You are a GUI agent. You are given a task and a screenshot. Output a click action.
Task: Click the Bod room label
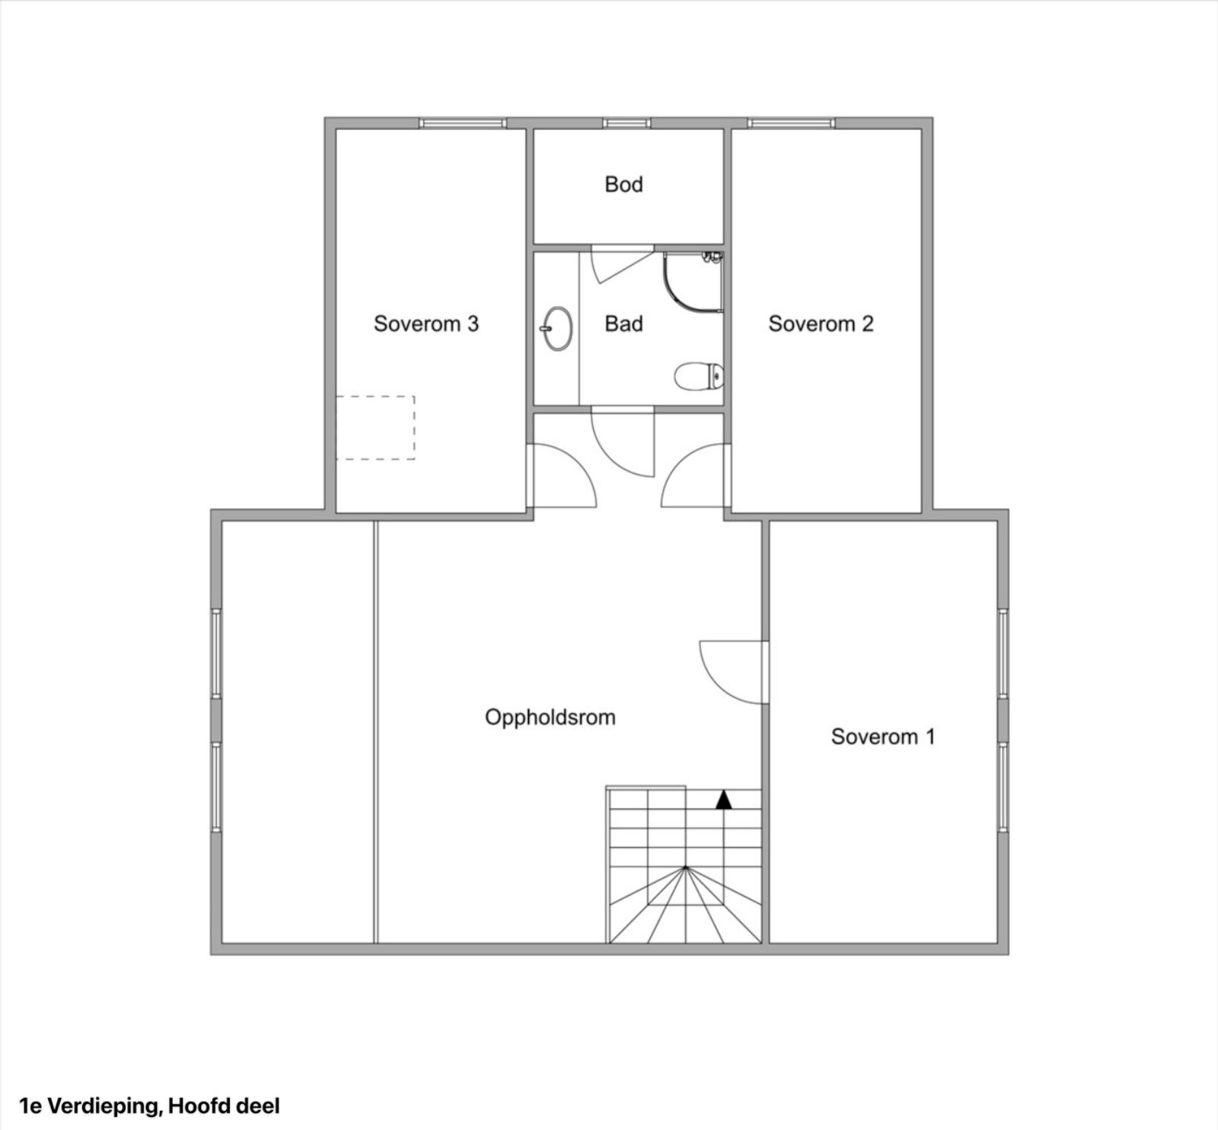(623, 184)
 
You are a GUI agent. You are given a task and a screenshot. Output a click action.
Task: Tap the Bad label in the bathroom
(623, 324)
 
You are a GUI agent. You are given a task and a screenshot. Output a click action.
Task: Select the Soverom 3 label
(426, 324)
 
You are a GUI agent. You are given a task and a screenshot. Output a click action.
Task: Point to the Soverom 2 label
(821, 324)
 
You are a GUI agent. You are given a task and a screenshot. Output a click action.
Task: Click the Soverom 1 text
(883, 737)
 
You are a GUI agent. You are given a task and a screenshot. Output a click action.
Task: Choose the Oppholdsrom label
(550, 718)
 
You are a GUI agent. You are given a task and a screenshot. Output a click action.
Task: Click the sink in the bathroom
(557, 329)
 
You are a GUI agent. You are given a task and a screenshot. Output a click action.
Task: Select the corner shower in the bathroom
(693, 282)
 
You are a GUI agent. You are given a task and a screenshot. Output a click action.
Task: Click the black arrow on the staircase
(723, 799)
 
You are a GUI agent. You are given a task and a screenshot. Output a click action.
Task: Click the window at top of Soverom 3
(463, 123)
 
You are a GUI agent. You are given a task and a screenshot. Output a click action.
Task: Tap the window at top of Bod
(627, 123)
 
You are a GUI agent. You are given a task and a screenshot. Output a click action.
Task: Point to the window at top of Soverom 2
(792, 123)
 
